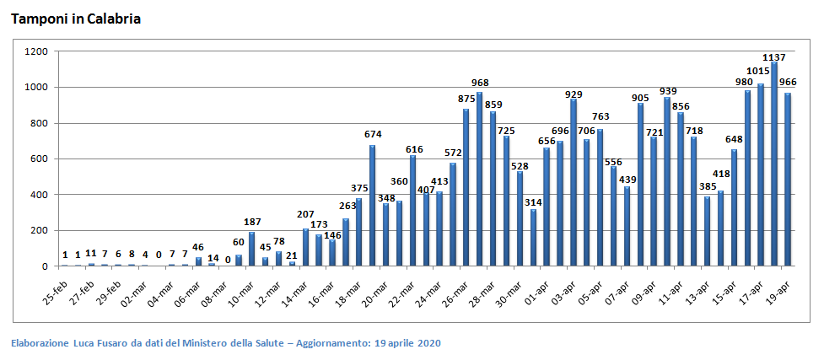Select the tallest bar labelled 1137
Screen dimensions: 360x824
click(x=774, y=164)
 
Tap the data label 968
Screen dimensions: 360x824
click(x=480, y=83)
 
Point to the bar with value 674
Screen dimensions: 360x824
click(x=373, y=206)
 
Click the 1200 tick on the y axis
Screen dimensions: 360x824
click(x=36, y=51)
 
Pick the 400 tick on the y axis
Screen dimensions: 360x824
click(x=39, y=195)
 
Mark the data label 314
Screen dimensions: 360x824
click(x=533, y=203)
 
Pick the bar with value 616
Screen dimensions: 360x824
click(x=412, y=211)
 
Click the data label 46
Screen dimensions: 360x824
click(x=198, y=248)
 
